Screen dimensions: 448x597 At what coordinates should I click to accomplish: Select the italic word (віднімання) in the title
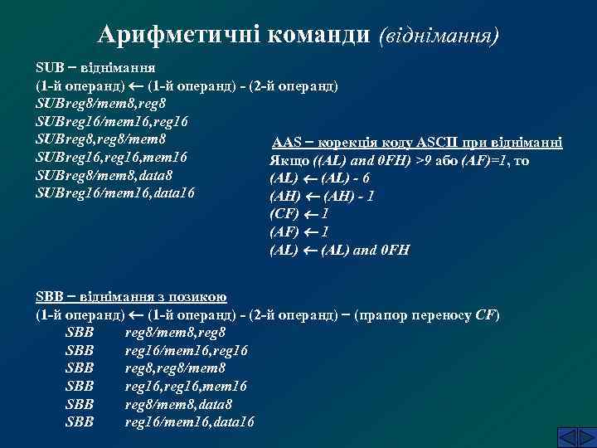click(439, 36)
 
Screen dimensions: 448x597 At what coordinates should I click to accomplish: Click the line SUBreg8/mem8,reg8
click(100, 103)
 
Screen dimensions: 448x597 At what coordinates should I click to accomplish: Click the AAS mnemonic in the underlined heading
click(287, 143)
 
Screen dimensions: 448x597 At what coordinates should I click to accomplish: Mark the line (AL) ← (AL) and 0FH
click(340, 251)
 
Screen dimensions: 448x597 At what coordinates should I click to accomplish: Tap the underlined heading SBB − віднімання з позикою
click(133, 298)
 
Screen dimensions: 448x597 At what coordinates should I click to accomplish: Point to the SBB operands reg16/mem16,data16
click(190, 423)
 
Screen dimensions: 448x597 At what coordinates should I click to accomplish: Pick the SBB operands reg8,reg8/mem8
click(175, 369)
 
